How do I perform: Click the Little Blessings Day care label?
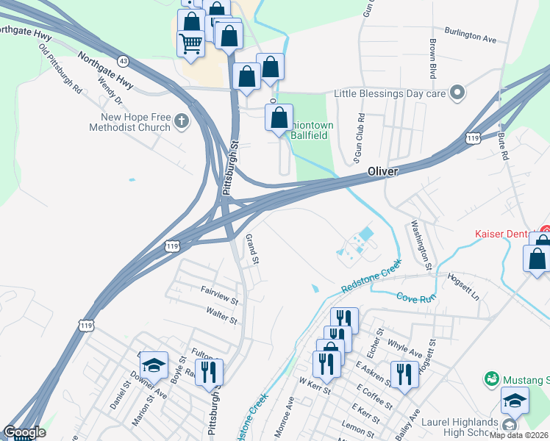390,93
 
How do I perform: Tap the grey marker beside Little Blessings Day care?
457,93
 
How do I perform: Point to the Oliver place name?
382,171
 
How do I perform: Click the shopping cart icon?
190,46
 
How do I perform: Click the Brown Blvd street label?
433,58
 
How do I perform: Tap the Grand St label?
252,249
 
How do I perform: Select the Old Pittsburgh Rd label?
60,73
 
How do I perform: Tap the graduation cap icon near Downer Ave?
154,365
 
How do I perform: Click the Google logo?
24,432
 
